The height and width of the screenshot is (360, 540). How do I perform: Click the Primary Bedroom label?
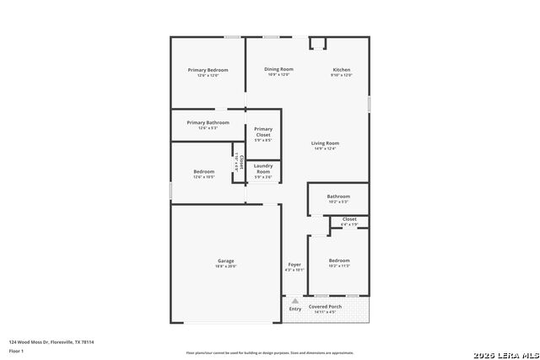[x=208, y=70]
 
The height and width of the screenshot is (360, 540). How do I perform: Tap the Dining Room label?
[x=278, y=69]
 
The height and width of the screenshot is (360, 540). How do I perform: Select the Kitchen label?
[x=341, y=70]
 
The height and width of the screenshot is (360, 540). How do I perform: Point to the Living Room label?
[x=325, y=143]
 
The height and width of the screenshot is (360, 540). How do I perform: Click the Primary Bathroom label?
[x=208, y=122]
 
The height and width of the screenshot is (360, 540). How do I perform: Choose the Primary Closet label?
[x=263, y=132]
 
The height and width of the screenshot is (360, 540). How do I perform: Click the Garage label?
[x=226, y=261]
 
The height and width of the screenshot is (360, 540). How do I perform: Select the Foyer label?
[x=294, y=265]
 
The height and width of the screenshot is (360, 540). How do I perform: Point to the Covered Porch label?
[x=325, y=306]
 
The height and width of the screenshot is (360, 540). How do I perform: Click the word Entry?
[x=295, y=309]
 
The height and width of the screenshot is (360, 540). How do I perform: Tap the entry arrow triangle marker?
[x=295, y=299]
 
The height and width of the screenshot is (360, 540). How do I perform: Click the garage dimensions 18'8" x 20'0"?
[x=226, y=266]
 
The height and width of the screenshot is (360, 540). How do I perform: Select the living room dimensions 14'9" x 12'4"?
[x=325, y=149]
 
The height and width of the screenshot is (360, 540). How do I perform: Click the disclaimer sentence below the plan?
[x=270, y=352]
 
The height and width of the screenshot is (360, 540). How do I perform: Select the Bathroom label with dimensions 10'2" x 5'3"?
[x=338, y=196]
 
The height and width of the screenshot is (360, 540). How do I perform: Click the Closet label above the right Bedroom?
[x=349, y=219]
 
